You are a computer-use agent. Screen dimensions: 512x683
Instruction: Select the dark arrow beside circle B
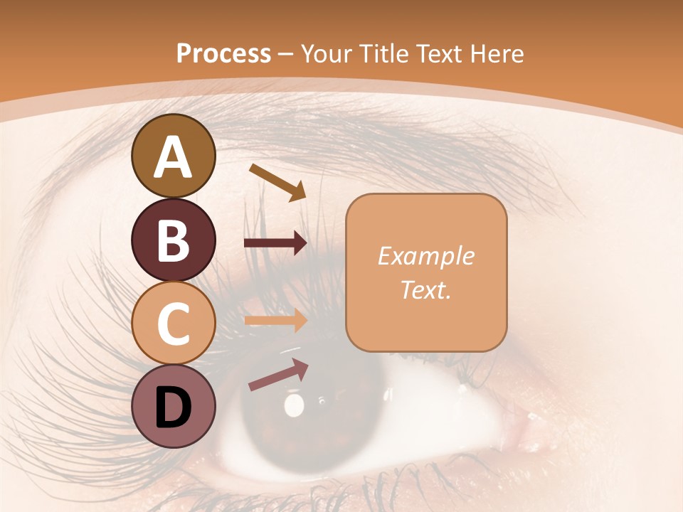275,243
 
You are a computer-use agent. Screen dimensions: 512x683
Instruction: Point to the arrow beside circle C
275,320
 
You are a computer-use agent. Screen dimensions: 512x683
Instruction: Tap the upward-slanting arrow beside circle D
278,375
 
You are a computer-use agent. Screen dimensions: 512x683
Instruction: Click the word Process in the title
223,53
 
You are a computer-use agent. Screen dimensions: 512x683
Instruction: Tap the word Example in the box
425,256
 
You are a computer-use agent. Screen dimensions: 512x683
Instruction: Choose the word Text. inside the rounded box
425,289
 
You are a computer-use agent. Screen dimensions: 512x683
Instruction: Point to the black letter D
173,407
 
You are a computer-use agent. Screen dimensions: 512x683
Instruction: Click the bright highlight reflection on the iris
293,405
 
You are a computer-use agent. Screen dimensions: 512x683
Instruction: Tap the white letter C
173,324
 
